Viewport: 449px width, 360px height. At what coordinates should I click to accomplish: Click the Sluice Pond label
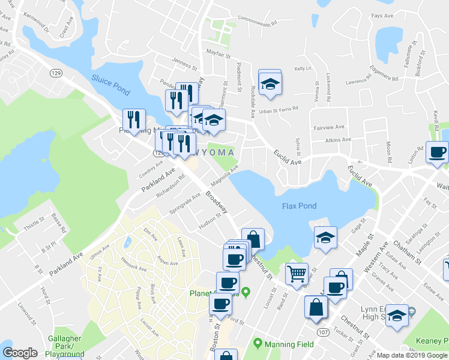click(x=110, y=83)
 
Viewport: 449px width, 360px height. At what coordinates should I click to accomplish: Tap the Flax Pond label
click(x=299, y=206)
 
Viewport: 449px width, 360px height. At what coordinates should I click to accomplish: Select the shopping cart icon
click(x=297, y=275)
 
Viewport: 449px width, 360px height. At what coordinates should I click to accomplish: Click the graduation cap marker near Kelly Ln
click(x=270, y=83)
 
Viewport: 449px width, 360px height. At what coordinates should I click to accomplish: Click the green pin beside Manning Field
click(x=258, y=344)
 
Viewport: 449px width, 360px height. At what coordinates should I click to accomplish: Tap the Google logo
click(x=20, y=353)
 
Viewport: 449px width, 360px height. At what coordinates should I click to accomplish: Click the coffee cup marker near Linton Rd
click(x=437, y=152)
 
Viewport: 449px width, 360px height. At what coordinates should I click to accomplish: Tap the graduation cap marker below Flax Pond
click(x=325, y=238)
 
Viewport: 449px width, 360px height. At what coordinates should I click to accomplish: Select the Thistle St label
click(x=34, y=224)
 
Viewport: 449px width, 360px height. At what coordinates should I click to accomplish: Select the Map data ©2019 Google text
click(x=412, y=355)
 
